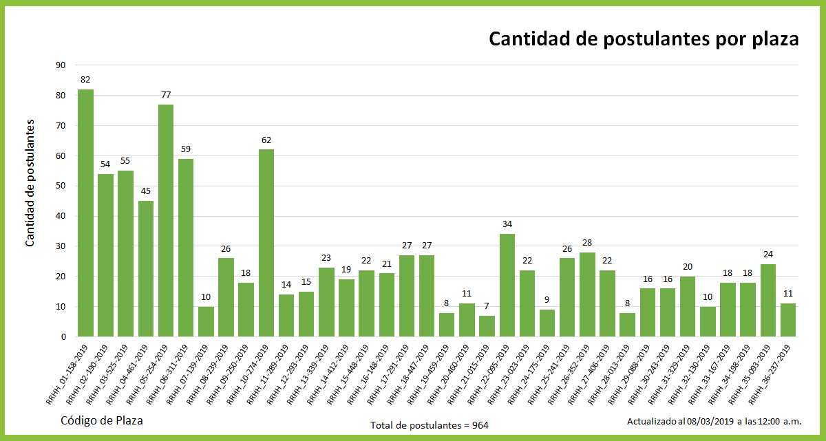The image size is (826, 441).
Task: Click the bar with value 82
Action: tap(85, 213)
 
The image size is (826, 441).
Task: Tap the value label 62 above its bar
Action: tap(266, 140)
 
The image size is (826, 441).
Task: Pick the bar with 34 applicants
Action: tap(507, 285)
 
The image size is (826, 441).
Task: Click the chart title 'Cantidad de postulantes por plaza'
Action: tap(643, 39)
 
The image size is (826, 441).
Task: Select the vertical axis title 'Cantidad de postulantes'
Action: tap(30, 183)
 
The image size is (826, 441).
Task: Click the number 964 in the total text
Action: tap(480, 425)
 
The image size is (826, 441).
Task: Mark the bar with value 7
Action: tap(487, 326)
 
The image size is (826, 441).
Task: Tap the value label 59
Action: tap(186, 149)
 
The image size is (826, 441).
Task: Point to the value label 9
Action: tap(547, 300)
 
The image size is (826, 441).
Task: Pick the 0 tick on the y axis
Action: tap(63, 336)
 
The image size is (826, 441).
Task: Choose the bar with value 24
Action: tap(768, 300)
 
